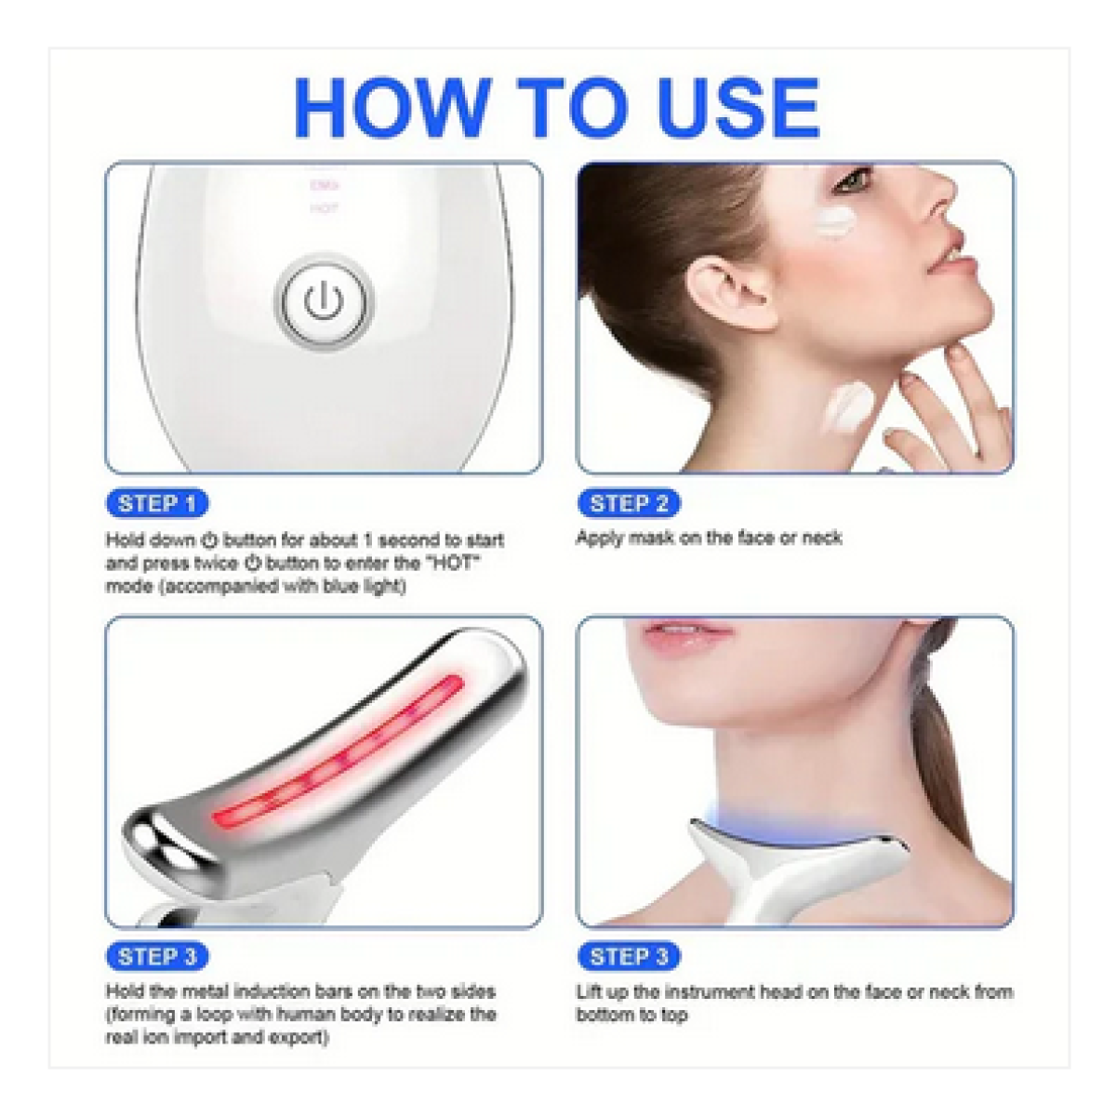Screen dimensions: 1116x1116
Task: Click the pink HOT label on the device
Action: click(x=324, y=208)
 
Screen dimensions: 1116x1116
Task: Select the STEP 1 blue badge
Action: click(x=157, y=503)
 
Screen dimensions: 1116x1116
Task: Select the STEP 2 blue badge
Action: click(x=629, y=503)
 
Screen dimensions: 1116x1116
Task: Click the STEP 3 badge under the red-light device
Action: click(x=157, y=956)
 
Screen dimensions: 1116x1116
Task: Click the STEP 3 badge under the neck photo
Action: click(x=629, y=956)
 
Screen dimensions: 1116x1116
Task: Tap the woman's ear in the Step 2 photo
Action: click(x=731, y=294)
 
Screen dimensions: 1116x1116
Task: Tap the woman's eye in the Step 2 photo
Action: click(x=852, y=180)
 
